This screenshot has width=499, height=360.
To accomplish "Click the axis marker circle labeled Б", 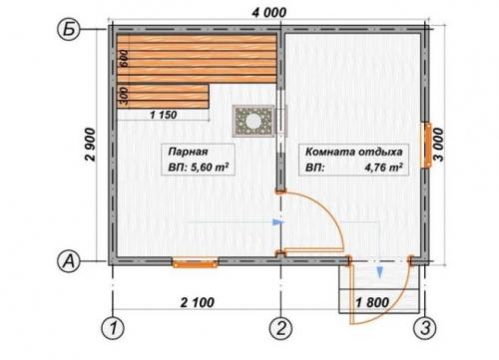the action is [69, 30].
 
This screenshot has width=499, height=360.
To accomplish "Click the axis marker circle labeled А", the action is [69, 261].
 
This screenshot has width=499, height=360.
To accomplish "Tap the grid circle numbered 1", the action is [113, 328].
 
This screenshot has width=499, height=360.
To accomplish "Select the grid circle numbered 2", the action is [281, 328].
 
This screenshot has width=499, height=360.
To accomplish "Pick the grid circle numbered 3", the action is [425, 328].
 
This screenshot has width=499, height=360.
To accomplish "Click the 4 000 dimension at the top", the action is [268, 12].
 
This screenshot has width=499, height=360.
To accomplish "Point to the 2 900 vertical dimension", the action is [90, 145].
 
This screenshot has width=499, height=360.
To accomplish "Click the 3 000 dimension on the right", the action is [439, 145].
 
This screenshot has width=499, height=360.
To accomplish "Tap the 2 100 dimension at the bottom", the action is [198, 302].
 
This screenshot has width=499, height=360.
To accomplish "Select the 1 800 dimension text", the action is [372, 302].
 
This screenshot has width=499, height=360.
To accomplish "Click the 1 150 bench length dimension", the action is [164, 115].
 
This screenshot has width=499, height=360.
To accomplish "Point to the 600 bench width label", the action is [124, 59].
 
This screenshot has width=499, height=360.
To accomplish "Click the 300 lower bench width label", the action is [124, 96].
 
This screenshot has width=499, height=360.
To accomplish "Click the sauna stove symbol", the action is [253, 121].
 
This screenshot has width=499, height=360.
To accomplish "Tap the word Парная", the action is [188, 152].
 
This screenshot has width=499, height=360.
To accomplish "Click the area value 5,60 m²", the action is [210, 167].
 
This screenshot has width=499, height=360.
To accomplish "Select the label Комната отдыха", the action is [354, 152].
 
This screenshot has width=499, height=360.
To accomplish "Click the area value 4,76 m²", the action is [384, 167].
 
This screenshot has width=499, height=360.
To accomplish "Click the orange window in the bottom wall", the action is [195, 263].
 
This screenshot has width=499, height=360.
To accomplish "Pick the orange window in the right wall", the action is [426, 145].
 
